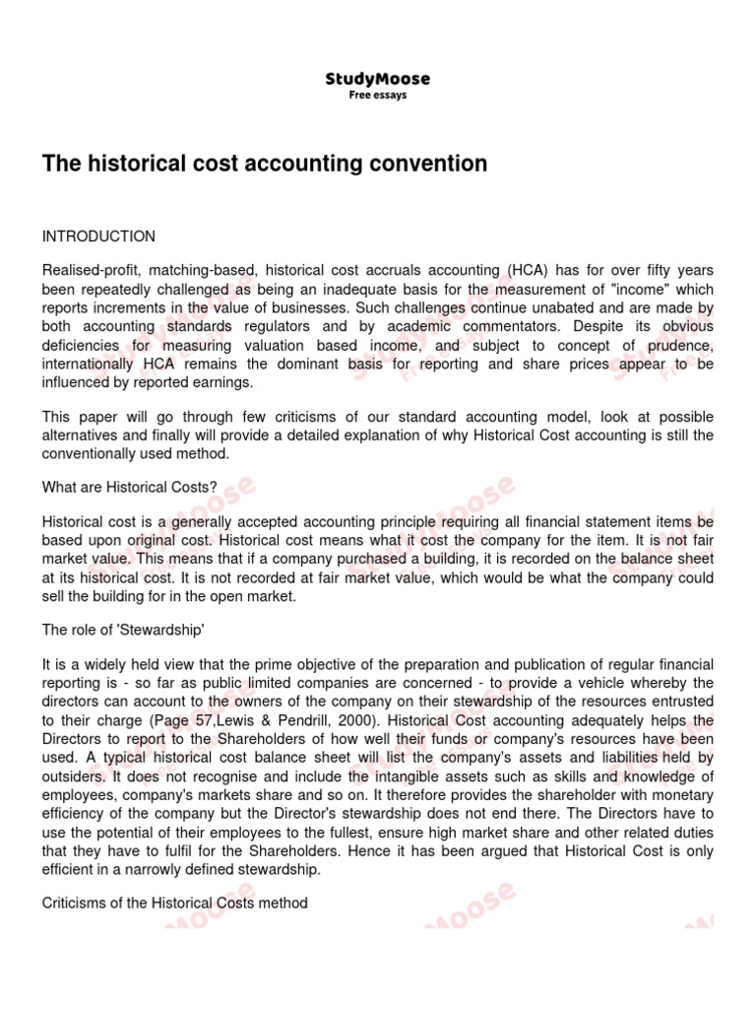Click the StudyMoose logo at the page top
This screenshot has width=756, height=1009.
tap(378, 79)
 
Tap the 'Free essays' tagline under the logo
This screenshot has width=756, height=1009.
tap(378, 96)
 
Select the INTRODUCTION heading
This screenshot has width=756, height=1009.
tap(98, 236)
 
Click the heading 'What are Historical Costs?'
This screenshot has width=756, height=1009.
tap(129, 486)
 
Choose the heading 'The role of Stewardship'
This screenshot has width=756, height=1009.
tap(122, 631)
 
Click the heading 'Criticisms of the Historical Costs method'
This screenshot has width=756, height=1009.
tap(174, 902)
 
